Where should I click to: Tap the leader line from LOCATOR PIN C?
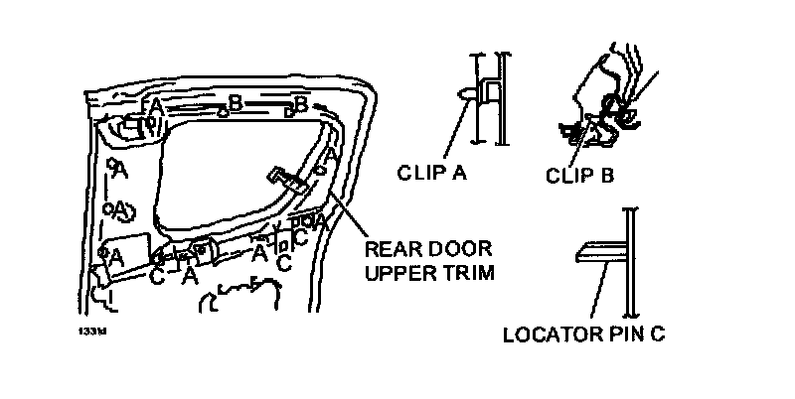(x=598, y=293)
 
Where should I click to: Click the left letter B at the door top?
(x=236, y=102)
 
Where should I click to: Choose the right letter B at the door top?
(x=299, y=102)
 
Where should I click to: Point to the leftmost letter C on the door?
(x=157, y=275)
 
